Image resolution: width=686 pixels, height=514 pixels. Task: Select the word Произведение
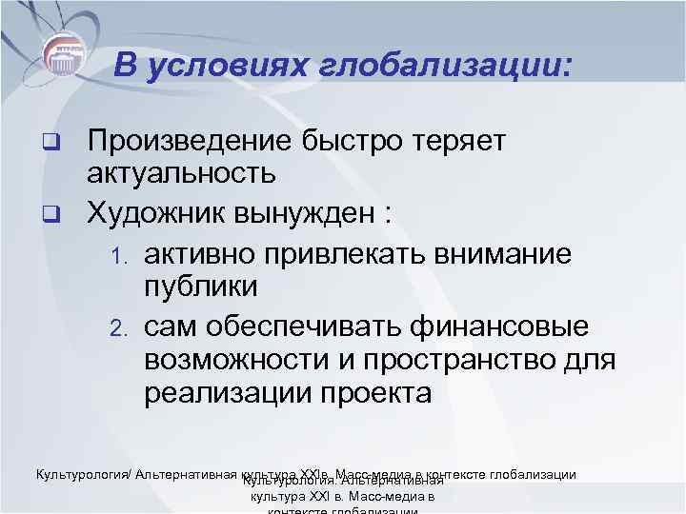(188, 142)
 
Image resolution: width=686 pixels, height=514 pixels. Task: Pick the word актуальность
(181, 172)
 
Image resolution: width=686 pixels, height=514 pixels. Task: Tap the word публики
(201, 286)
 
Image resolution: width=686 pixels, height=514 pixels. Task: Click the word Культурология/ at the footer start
(83, 474)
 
